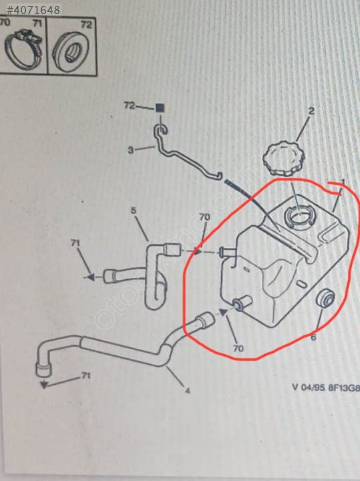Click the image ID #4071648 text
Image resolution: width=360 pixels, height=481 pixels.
[x=33, y=10]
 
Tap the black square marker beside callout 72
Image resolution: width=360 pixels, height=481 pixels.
[x=160, y=108]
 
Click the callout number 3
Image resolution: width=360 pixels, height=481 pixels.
[x=131, y=150]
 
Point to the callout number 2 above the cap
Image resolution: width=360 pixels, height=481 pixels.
[x=311, y=111]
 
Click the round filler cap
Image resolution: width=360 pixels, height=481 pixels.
[x=284, y=159]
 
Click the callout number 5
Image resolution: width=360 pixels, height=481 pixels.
[x=134, y=210]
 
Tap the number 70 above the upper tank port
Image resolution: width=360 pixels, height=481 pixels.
[x=204, y=217]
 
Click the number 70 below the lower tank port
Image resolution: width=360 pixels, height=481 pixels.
[x=238, y=349]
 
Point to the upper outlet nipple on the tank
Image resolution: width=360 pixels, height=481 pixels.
[x=227, y=253]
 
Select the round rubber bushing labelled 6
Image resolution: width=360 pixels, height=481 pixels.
[x=325, y=298]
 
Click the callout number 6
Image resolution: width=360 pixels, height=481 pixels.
[x=313, y=337]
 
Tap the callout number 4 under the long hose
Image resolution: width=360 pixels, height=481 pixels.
[x=188, y=391]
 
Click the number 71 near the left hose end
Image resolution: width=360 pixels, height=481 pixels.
[x=75, y=243]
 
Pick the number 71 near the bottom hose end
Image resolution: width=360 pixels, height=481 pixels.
[x=86, y=375]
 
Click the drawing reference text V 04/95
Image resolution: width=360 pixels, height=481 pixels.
[x=309, y=387]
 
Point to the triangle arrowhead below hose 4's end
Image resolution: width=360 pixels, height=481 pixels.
[x=44, y=385]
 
